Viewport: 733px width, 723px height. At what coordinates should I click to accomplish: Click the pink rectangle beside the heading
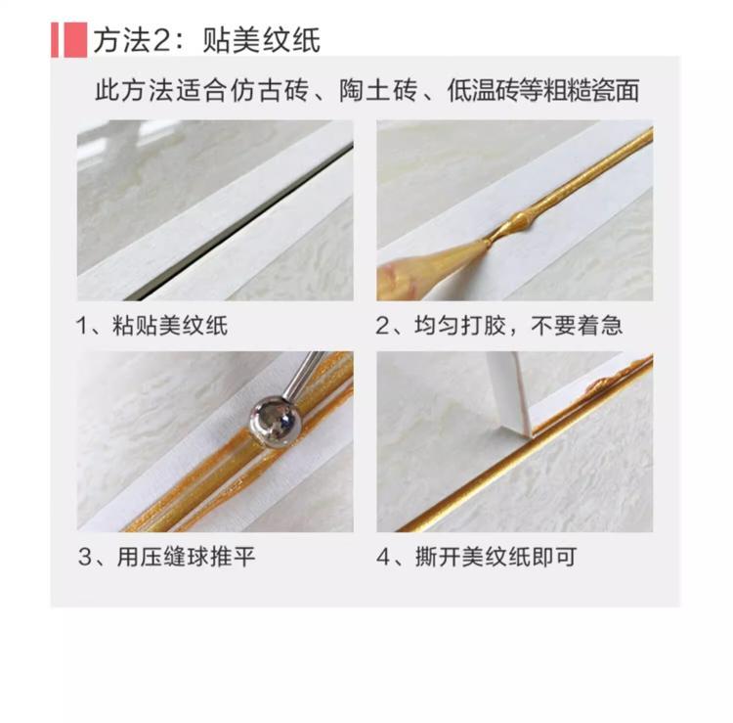click(x=69, y=40)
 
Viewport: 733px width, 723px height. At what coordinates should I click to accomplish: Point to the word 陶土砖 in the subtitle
click(x=377, y=90)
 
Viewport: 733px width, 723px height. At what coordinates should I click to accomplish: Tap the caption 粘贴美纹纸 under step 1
click(x=170, y=325)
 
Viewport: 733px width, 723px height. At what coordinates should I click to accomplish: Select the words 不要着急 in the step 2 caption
click(x=577, y=325)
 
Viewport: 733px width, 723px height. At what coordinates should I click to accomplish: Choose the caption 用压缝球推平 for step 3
click(x=186, y=557)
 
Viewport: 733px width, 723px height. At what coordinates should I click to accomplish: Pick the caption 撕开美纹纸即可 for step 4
click(x=496, y=557)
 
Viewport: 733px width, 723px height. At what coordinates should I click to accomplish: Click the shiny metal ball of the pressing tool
click(x=274, y=423)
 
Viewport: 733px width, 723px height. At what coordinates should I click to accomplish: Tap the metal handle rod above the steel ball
click(x=305, y=375)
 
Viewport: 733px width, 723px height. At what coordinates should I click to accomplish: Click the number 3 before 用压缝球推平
click(x=85, y=558)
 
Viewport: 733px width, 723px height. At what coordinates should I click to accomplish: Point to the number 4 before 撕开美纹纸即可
click(x=383, y=558)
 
